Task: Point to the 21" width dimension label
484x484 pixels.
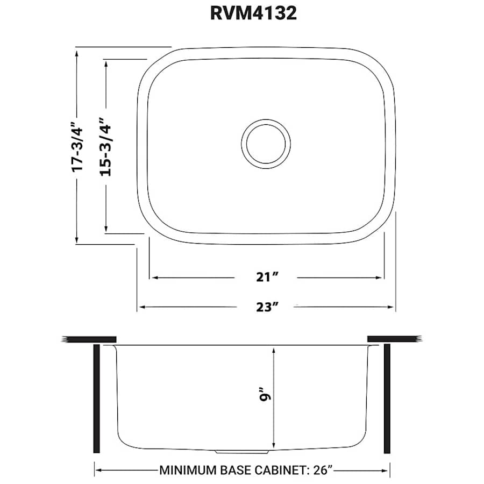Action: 267,277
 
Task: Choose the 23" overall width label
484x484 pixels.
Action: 267,307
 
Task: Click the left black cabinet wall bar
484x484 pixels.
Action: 97,398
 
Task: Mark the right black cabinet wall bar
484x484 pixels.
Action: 387,398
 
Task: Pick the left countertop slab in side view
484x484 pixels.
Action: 89,339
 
